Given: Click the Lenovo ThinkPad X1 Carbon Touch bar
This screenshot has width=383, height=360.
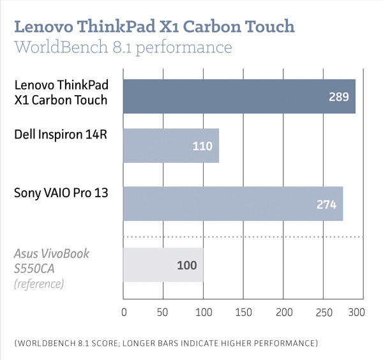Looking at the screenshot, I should (x=239, y=96).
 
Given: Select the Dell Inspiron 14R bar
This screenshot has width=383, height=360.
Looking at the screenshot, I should (x=171, y=146).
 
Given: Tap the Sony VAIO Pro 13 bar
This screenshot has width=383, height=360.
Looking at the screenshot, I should (x=233, y=204).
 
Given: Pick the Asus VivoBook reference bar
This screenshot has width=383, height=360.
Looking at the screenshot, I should (x=163, y=264).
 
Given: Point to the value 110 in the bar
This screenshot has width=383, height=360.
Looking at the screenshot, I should (x=202, y=147).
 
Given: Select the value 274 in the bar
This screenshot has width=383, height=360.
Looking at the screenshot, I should (x=326, y=204).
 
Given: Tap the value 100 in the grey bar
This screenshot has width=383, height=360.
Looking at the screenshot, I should (x=186, y=264).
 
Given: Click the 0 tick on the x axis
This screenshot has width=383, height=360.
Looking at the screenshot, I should (x=124, y=313).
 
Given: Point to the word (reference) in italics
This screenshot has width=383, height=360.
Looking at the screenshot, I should (x=38, y=283).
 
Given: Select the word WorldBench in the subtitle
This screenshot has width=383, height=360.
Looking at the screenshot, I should (x=58, y=48).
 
